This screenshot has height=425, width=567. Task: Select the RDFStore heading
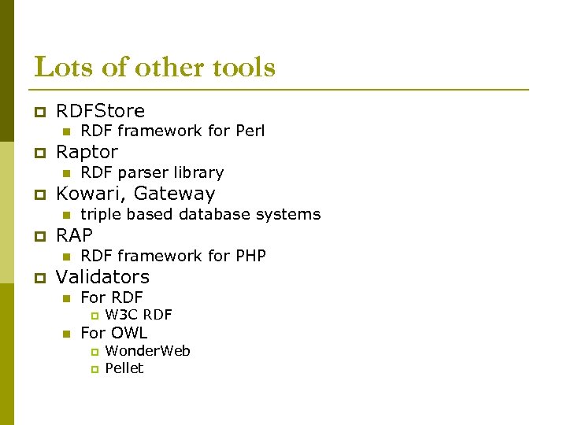[x=100, y=111]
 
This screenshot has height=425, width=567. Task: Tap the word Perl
[x=250, y=131]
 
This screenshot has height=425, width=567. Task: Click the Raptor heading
[x=87, y=152]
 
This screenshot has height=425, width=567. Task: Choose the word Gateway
[x=178, y=194]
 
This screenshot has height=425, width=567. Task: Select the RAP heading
[x=74, y=235]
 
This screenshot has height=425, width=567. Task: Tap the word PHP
[x=250, y=256]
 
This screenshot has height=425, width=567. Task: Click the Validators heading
[x=102, y=277]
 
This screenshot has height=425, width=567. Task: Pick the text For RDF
[x=112, y=297]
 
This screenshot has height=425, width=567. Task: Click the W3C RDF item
[x=139, y=315]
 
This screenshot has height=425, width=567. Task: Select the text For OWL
[x=114, y=333]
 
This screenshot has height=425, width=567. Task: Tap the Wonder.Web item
[x=147, y=351]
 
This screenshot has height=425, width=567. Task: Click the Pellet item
[x=124, y=368]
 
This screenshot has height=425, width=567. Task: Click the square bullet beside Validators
[x=38, y=278]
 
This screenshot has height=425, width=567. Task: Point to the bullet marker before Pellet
[x=93, y=369]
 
